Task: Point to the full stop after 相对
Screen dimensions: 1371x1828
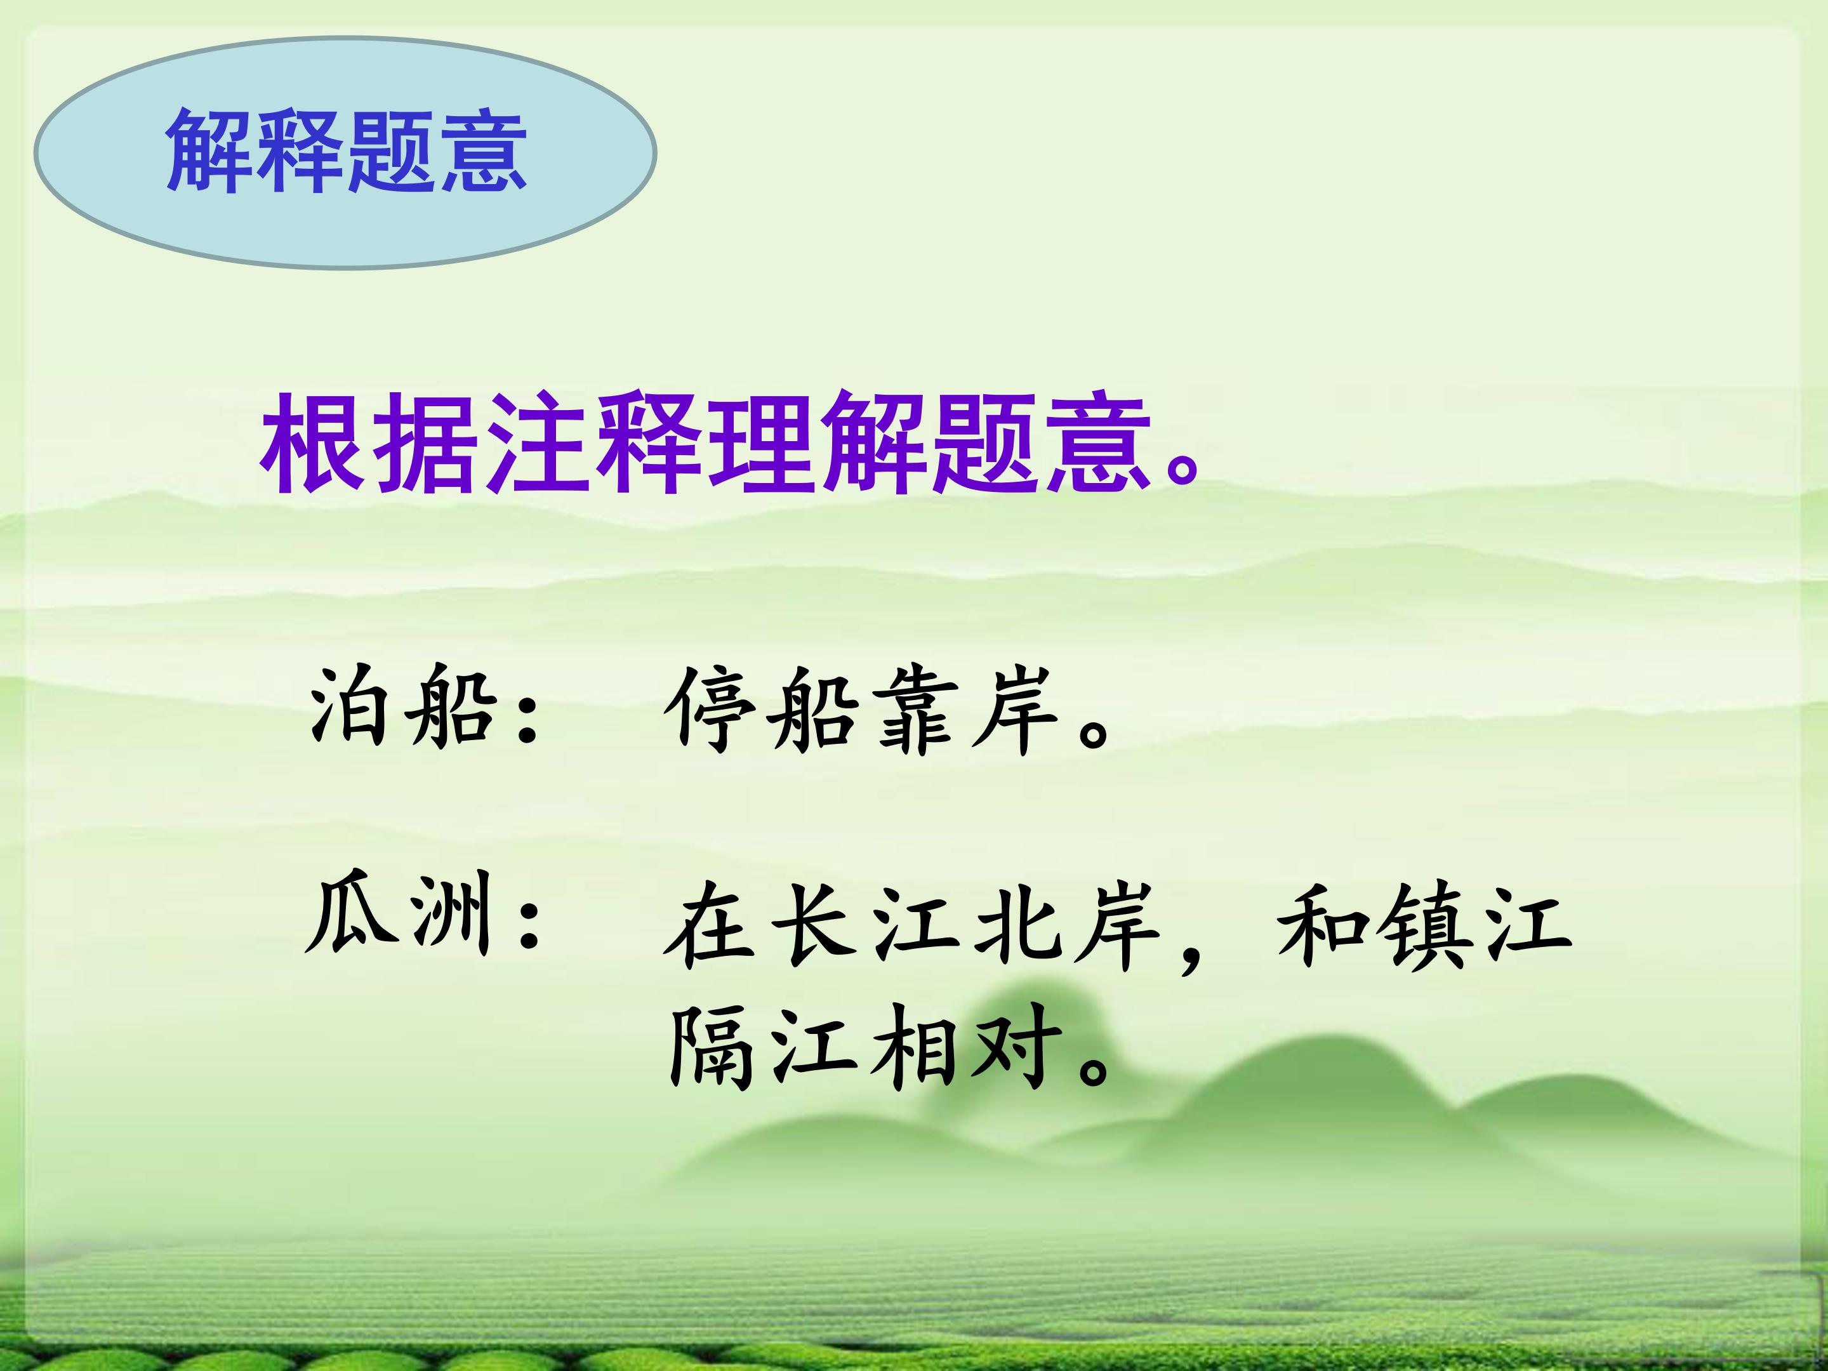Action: [x=1092, y=1070]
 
